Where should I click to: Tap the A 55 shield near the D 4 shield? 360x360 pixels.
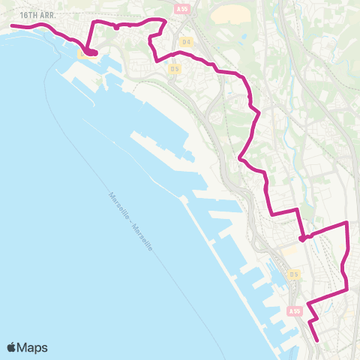(x=181, y=9)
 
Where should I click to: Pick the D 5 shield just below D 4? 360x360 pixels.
(x=174, y=69)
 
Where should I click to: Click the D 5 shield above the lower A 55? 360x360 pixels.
(x=295, y=274)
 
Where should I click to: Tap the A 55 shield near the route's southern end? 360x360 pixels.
(x=295, y=310)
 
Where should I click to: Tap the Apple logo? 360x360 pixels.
(x=12, y=347)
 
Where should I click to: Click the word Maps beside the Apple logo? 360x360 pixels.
(x=33, y=347)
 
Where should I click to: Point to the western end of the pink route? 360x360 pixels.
(x=11, y=26)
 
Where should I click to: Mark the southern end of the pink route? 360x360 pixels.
(x=318, y=341)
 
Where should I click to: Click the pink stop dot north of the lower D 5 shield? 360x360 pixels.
(x=301, y=239)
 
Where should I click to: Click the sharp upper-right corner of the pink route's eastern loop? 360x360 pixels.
(x=347, y=223)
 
